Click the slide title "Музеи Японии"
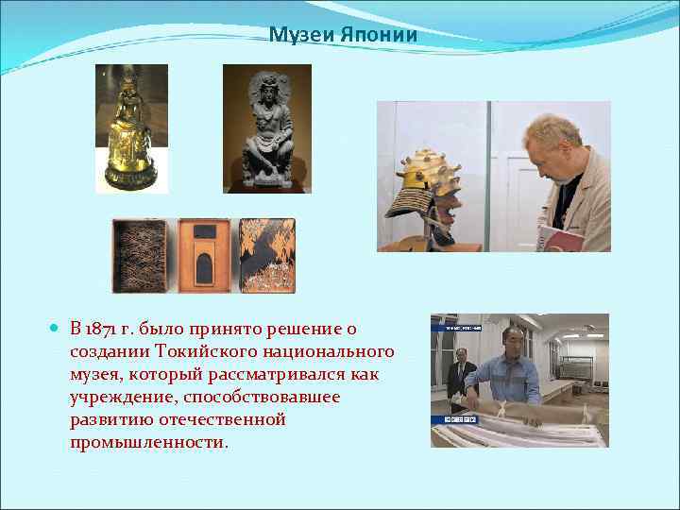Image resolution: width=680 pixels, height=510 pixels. [x=343, y=36]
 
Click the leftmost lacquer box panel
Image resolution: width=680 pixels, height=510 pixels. [x=140, y=256]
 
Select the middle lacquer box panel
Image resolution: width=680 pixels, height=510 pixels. [x=204, y=256]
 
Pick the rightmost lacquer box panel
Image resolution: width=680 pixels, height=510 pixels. [x=267, y=256]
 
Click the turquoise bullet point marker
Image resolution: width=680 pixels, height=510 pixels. [x=57, y=329]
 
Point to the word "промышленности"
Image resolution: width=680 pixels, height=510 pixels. [x=147, y=442]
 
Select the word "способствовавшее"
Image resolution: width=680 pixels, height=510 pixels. [x=262, y=397]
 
